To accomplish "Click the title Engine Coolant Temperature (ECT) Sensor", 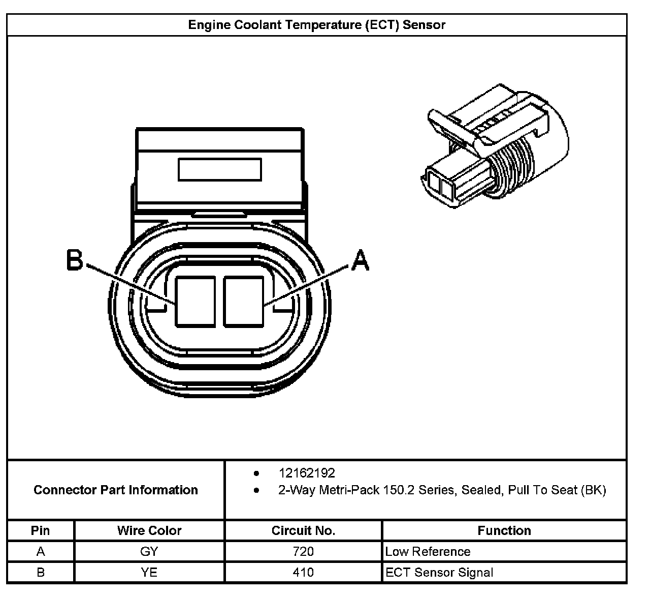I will point(316,25).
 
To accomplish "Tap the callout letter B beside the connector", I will point(75,260).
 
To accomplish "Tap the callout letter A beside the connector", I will point(360,260).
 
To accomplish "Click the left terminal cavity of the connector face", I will point(194,301).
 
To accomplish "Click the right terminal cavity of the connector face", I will point(243,301).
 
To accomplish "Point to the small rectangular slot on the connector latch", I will point(219,169).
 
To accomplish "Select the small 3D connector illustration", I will point(495,150).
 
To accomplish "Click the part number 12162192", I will point(307,473).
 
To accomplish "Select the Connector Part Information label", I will point(116,490).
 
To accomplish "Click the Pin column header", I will point(41,530).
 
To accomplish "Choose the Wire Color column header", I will point(149,530).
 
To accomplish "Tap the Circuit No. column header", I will point(303,530).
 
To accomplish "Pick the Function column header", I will point(504,530).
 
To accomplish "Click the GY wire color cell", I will point(149,552).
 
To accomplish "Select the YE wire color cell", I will point(149,573).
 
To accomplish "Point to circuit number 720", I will point(303,552).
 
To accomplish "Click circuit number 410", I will point(303,573).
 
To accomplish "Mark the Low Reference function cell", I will point(428,552).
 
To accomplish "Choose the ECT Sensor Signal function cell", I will point(439,573).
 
